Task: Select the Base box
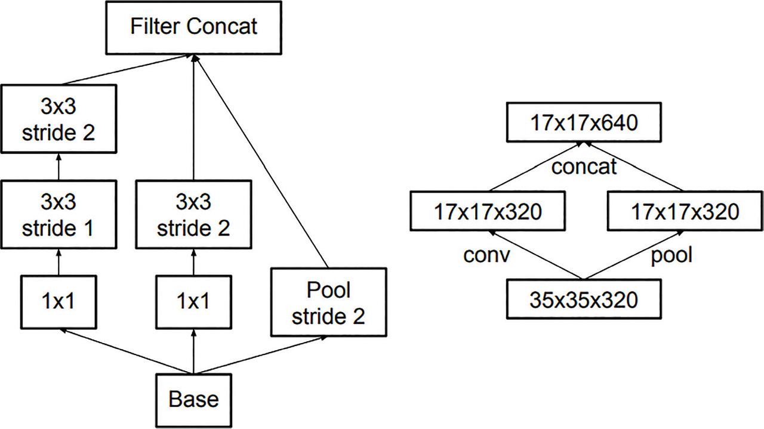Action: coord(193,399)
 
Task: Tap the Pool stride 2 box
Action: coord(328,303)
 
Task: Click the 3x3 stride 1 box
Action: coord(58,215)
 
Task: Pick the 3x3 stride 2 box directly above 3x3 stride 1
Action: coord(58,119)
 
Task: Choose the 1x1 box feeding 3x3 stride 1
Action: coord(58,302)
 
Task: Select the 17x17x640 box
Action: coord(583,123)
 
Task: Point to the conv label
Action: coord(486,255)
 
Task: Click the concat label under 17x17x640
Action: coord(583,166)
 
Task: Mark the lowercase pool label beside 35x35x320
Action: coord(671,255)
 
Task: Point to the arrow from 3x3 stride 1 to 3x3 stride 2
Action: coord(58,168)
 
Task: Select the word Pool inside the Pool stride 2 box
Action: coord(328,291)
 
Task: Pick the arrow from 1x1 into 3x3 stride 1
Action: coord(58,263)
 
